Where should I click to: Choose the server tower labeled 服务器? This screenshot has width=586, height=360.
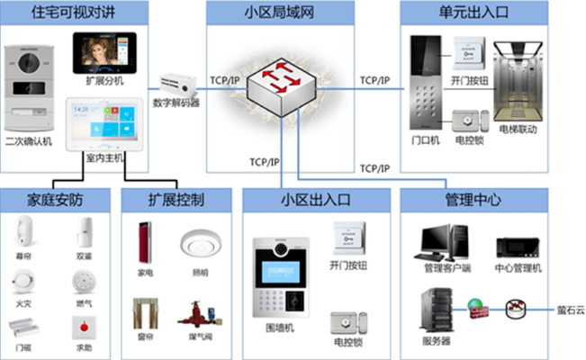coord(436,310)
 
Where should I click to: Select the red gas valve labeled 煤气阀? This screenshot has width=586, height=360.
coord(195,317)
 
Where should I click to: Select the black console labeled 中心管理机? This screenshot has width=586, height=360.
coord(518,247)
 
